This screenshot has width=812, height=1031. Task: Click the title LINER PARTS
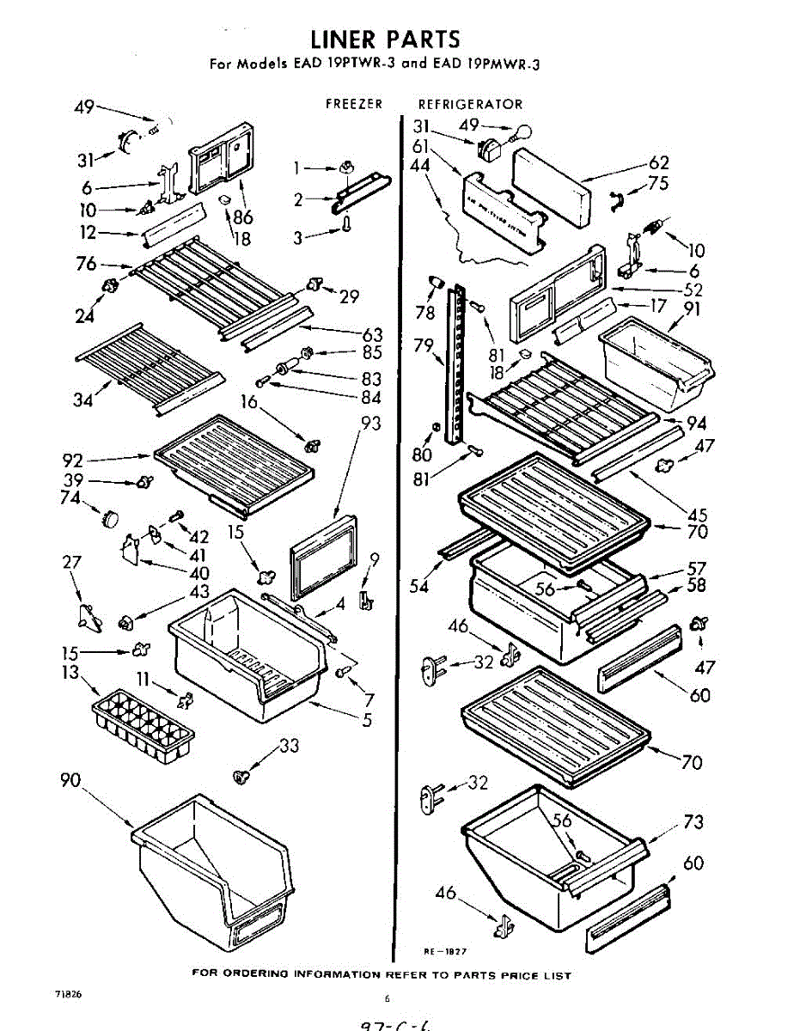click(x=385, y=40)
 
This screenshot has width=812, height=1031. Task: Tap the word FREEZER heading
click(x=353, y=104)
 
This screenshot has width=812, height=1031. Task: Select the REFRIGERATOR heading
click(x=470, y=104)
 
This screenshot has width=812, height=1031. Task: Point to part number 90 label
click(x=71, y=780)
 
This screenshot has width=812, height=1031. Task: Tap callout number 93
click(x=370, y=424)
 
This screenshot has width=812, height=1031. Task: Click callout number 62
click(x=659, y=162)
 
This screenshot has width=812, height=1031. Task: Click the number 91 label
click(x=691, y=308)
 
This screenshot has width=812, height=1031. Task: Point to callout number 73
click(x=693, y=822)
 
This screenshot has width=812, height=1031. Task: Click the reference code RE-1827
click(x=444, y=951)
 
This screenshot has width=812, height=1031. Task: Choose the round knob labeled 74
click(x=110, y=516)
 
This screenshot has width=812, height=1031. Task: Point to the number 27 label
click(x=71, y=563)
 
